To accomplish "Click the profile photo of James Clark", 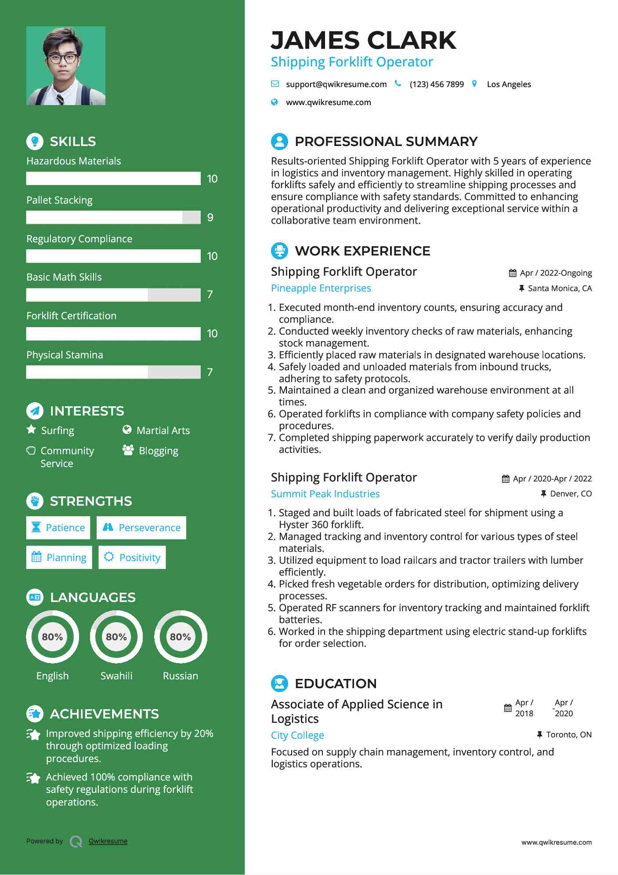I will pos(66,66).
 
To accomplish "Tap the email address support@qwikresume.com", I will pos(336,84).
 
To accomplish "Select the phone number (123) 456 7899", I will pos(436,84).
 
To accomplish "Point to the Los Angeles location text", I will pos(509,84).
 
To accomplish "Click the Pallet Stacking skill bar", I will pos(113,217).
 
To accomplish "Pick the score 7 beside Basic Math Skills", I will pos(210,295).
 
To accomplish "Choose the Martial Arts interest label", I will pos(163,430).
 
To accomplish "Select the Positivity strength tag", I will pos(132,558).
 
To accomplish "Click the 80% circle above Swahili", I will pos(116,637).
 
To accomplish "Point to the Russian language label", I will pos(180,676).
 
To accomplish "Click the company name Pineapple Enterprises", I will pos(321,288).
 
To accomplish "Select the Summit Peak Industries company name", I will pos(325,494).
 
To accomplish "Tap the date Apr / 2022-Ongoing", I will pos(556,273).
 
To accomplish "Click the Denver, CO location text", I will pos(571,494).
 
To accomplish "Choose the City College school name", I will pos(297,735).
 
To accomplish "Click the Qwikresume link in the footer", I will pos(108,841).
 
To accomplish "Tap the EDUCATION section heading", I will pos(336,683).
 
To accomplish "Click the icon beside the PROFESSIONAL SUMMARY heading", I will pos(279,141).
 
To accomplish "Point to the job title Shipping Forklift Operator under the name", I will pos(352,62).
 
